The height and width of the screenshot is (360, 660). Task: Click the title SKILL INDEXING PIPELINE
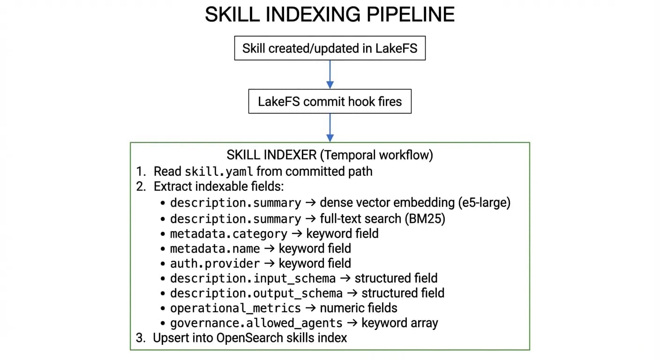pyautogui.click(x=330, y=15)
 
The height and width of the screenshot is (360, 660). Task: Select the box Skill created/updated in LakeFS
pyautogui.click(x=330, y=48)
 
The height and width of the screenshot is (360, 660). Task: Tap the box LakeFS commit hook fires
pyautogui.click(x=330, y=102)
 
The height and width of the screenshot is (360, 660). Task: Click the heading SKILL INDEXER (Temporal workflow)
pyautogui.click(x=330, y=155)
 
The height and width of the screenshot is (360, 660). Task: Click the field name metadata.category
pyautogui.click(x=228, y=233)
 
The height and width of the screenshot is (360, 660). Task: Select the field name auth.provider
pyautogui.click(x=215, y=263)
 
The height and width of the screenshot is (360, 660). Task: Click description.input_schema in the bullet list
pyautogui.click(x=253, y=278)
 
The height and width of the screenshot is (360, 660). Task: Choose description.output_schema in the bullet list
pyautogui.click(x=256, y=293)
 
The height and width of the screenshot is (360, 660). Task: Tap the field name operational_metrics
pyautogui.click(x=235, y=308)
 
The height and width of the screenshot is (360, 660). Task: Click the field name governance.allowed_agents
pyautogui.click(x=256, y=323)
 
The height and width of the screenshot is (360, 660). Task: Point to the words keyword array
pyautogui.click(x=399, y=323)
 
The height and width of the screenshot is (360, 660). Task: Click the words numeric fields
pyautogui.click(x=358, y=308)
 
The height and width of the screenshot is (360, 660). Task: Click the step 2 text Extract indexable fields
pyautogui.click(x=218, y=187)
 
